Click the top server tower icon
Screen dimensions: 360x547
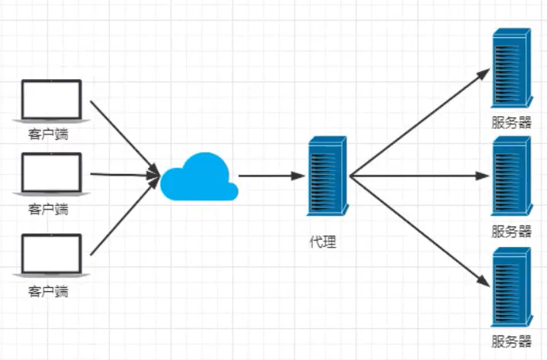[511, 70]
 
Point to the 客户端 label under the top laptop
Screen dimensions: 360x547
[49, 134]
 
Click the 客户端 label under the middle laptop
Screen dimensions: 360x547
[49, 209]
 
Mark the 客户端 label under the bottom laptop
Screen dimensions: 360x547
[49, 291]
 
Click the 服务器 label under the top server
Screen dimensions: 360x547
[511, 123]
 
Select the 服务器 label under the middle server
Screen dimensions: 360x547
[511, 231]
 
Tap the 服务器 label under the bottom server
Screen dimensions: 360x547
[511, 342]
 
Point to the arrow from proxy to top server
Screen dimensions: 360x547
[420, 123]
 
